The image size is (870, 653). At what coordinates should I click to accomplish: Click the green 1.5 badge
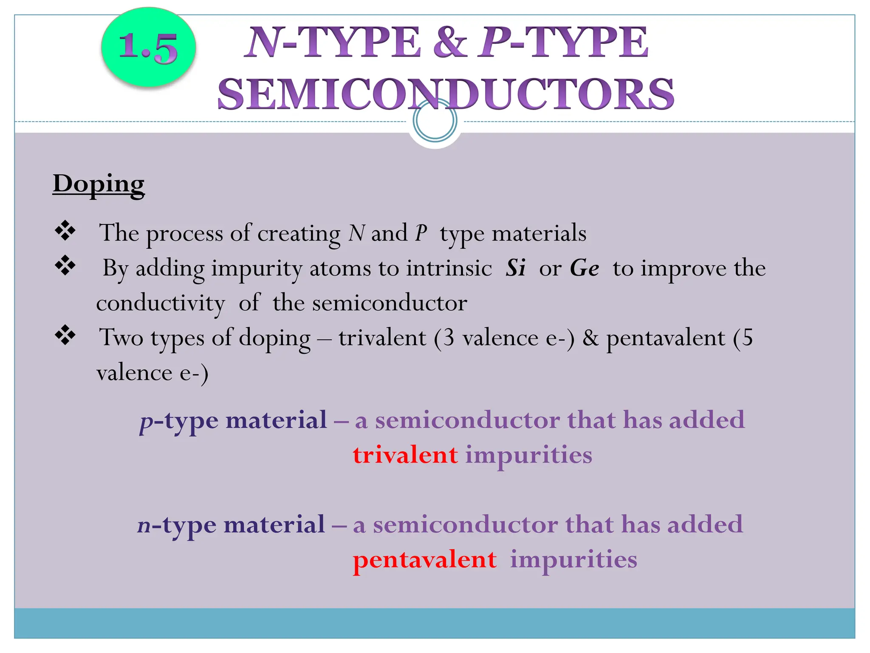click(148, 48)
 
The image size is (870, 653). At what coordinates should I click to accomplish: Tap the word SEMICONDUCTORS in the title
click(446, 94)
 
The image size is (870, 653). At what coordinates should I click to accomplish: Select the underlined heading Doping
click(99, 184)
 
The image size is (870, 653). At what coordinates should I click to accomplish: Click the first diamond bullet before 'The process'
click(65, 231)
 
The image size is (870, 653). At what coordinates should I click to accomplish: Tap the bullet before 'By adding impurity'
click(65, 266)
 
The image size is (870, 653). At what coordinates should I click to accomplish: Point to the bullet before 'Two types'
click(65, 335)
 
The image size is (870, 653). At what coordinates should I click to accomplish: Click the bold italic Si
click(516, 268)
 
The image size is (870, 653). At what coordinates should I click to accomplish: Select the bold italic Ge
click(585, 268)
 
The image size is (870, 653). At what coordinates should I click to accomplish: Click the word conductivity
click(161, 304)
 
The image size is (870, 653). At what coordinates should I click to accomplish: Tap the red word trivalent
click(405, 455)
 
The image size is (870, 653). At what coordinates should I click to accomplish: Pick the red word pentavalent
click(425, 559)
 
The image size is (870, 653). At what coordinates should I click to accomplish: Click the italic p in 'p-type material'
click(146, 421)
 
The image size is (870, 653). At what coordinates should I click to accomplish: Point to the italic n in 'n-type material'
click(144, 525)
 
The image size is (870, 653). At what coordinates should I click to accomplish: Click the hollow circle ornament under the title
click(435, 121)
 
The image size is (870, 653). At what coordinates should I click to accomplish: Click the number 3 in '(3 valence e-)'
click(449, 338)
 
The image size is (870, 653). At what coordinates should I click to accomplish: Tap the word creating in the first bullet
click(299, 233)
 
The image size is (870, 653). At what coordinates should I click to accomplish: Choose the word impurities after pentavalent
click(573, 559)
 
